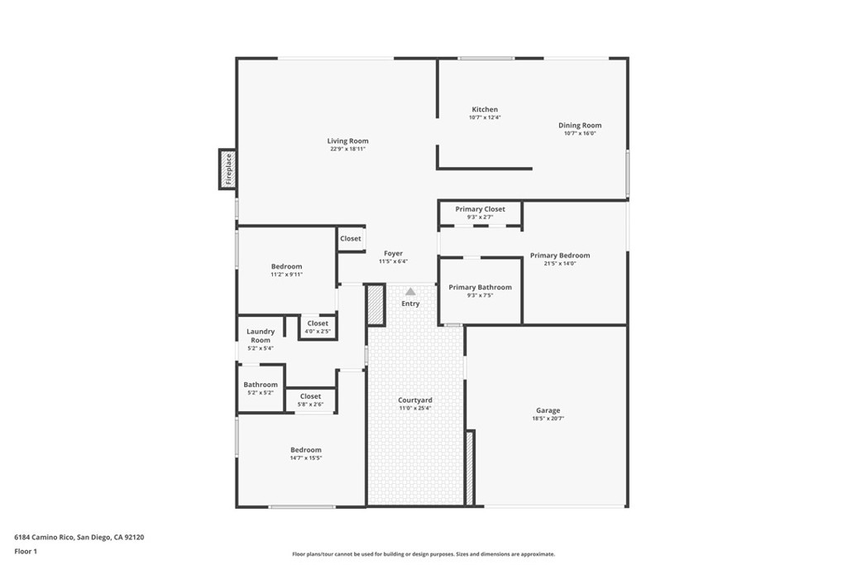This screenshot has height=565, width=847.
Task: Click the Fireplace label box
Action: click(228, 169)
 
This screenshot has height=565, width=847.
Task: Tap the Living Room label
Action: click(347, 141)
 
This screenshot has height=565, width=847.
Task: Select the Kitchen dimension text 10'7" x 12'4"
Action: click(485, 117)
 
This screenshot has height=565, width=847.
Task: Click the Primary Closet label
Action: click(480, 209)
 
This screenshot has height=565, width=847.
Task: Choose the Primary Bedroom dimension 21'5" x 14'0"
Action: click(560, 264)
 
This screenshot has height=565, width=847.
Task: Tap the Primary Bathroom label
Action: click(480, 287)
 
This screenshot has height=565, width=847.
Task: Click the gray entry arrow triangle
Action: click(410, 291)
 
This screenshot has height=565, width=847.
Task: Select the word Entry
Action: click(410, 304)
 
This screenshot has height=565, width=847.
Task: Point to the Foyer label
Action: click(394, 254)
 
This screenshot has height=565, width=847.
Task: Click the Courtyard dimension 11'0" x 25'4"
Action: click(415, 409)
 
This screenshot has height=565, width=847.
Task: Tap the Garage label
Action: click(548, 410)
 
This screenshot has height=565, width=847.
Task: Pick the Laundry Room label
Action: click(261, 336)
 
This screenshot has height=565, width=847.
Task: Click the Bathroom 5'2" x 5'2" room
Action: click(261, 388)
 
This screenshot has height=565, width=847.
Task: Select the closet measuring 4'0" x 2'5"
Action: click(318, 327)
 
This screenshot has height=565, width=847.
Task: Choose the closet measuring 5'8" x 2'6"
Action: click(310, 400)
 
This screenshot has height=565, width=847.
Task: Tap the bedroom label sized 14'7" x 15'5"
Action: click(305, 450)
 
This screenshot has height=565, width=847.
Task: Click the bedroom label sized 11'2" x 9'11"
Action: click(286, 266)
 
